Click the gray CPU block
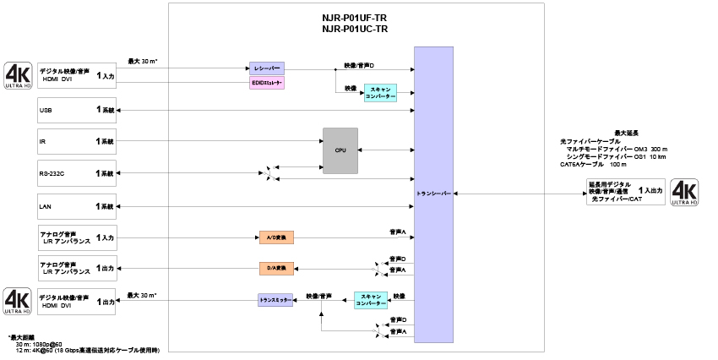pyautogui.click(x=340, y=150)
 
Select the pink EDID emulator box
pyautogui.click(x=267, y=83)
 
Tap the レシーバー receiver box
pyautogui.click(x=267, y=68)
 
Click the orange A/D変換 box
pyautogui.click(x=275, y=237)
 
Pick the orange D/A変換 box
pyautogui.click(x=277, y=269)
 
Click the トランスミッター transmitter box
pyautogui.click(x=275, y=299)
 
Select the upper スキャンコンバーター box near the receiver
pyautogui.click(x=380, y=93)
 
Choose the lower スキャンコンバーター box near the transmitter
pyautogui.click(x=371, y=299)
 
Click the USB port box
pyautogui.click(x=77, y=110)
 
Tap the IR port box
pyautogui.click(x=77, y=141)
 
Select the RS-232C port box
pyautogui.click(x=77, y=173)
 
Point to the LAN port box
pyautogui.click(x=77, y=205)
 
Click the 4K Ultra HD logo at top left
pyautogui.click(x=18, y=74)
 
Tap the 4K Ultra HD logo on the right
pyautogui.click(x=683, y=194)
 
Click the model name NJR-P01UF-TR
pyautogui.click(x=355, y=17)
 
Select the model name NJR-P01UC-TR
pyautogui.click(x=355, y=29)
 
